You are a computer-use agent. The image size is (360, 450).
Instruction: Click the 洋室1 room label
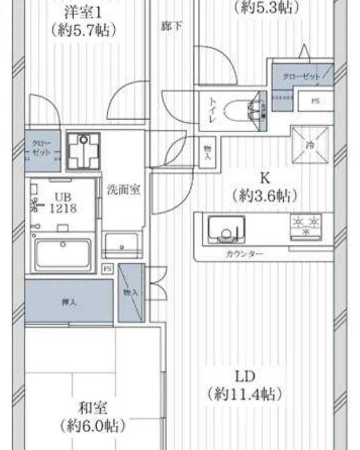(83, 12)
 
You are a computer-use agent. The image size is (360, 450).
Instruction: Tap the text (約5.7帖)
(83, 30)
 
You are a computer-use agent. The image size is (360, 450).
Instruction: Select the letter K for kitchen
(264, 178)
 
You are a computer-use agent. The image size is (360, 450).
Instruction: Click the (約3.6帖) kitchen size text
(264, 196)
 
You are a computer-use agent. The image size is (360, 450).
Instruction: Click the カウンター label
(244, 253)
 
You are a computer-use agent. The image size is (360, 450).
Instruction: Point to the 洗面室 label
(123, 190)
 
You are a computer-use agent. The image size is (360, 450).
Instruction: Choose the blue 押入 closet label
(69, 302)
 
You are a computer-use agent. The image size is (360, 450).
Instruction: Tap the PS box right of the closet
(315, 100)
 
